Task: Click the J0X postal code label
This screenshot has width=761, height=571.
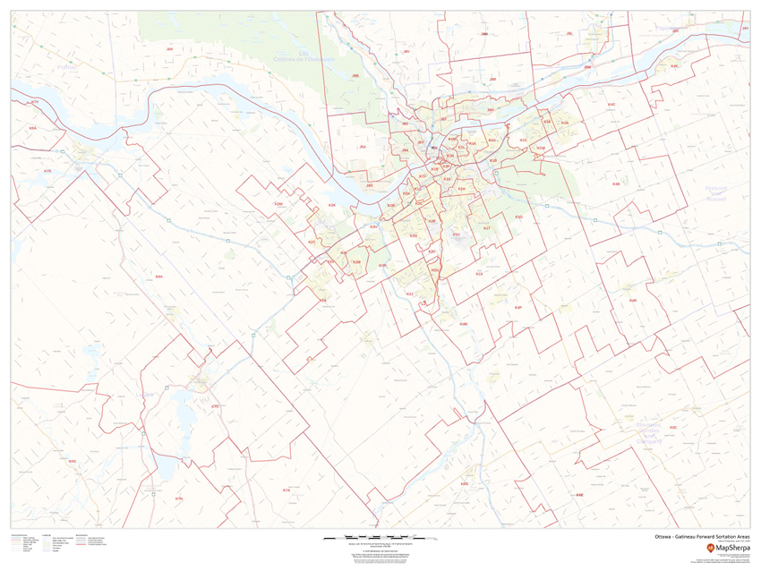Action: click(x=169, y=48)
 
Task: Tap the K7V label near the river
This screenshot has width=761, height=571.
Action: click(x=35, y=103)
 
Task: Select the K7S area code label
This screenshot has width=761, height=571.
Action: click(x=48, y=170)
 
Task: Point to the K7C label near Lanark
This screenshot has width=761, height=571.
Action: click(x=215, y=407)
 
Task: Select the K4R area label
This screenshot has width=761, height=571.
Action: click(x=632, y=301)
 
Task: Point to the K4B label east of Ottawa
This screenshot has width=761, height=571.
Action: click(x=616, y=184)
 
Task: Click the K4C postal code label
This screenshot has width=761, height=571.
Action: click(x=611, y=105)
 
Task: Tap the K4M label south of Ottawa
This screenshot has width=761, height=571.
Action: click(x=464, y=324)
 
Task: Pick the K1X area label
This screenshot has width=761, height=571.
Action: click(x=479, y=274)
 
